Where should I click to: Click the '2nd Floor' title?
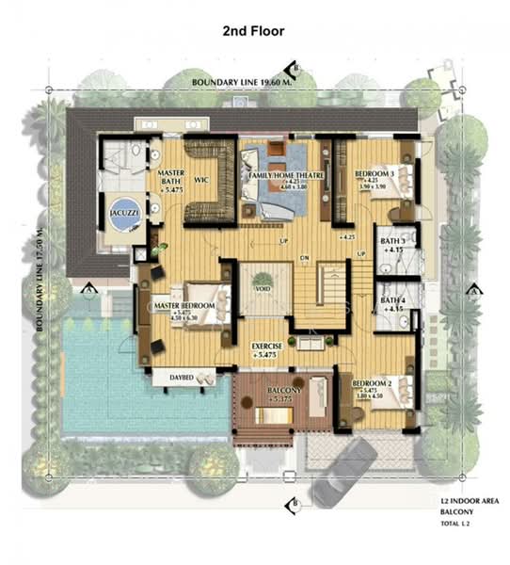click(x=253, y=31)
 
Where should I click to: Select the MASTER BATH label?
click(x=170, y=178)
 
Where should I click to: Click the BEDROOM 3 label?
click(x=374, y=176)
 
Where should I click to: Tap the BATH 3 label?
click(x=392, y=242)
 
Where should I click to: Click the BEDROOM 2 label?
click(x=372, y=385)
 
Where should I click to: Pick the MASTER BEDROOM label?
click(x=185, y=307)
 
